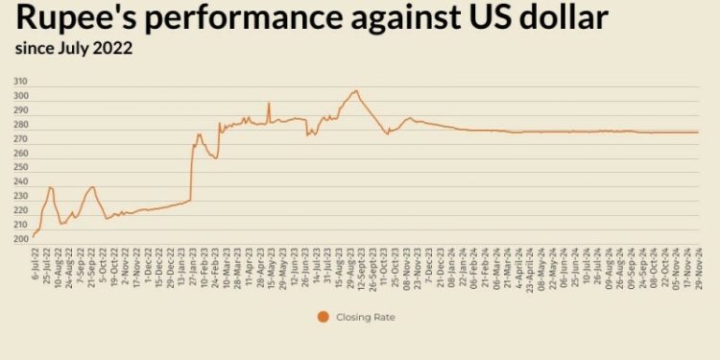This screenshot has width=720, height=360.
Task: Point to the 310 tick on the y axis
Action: point(20,83)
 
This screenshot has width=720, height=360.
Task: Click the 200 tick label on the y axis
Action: point(20,239)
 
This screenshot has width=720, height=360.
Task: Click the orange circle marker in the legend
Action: point(322,316)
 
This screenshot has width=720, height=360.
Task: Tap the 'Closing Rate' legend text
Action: point(367,316)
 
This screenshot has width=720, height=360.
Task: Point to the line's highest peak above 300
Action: point(356,90)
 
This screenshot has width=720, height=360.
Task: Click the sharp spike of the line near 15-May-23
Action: point(269,103)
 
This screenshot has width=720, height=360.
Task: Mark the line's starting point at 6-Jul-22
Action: point(33,236)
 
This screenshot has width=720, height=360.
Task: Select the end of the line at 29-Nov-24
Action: point(698,132)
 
